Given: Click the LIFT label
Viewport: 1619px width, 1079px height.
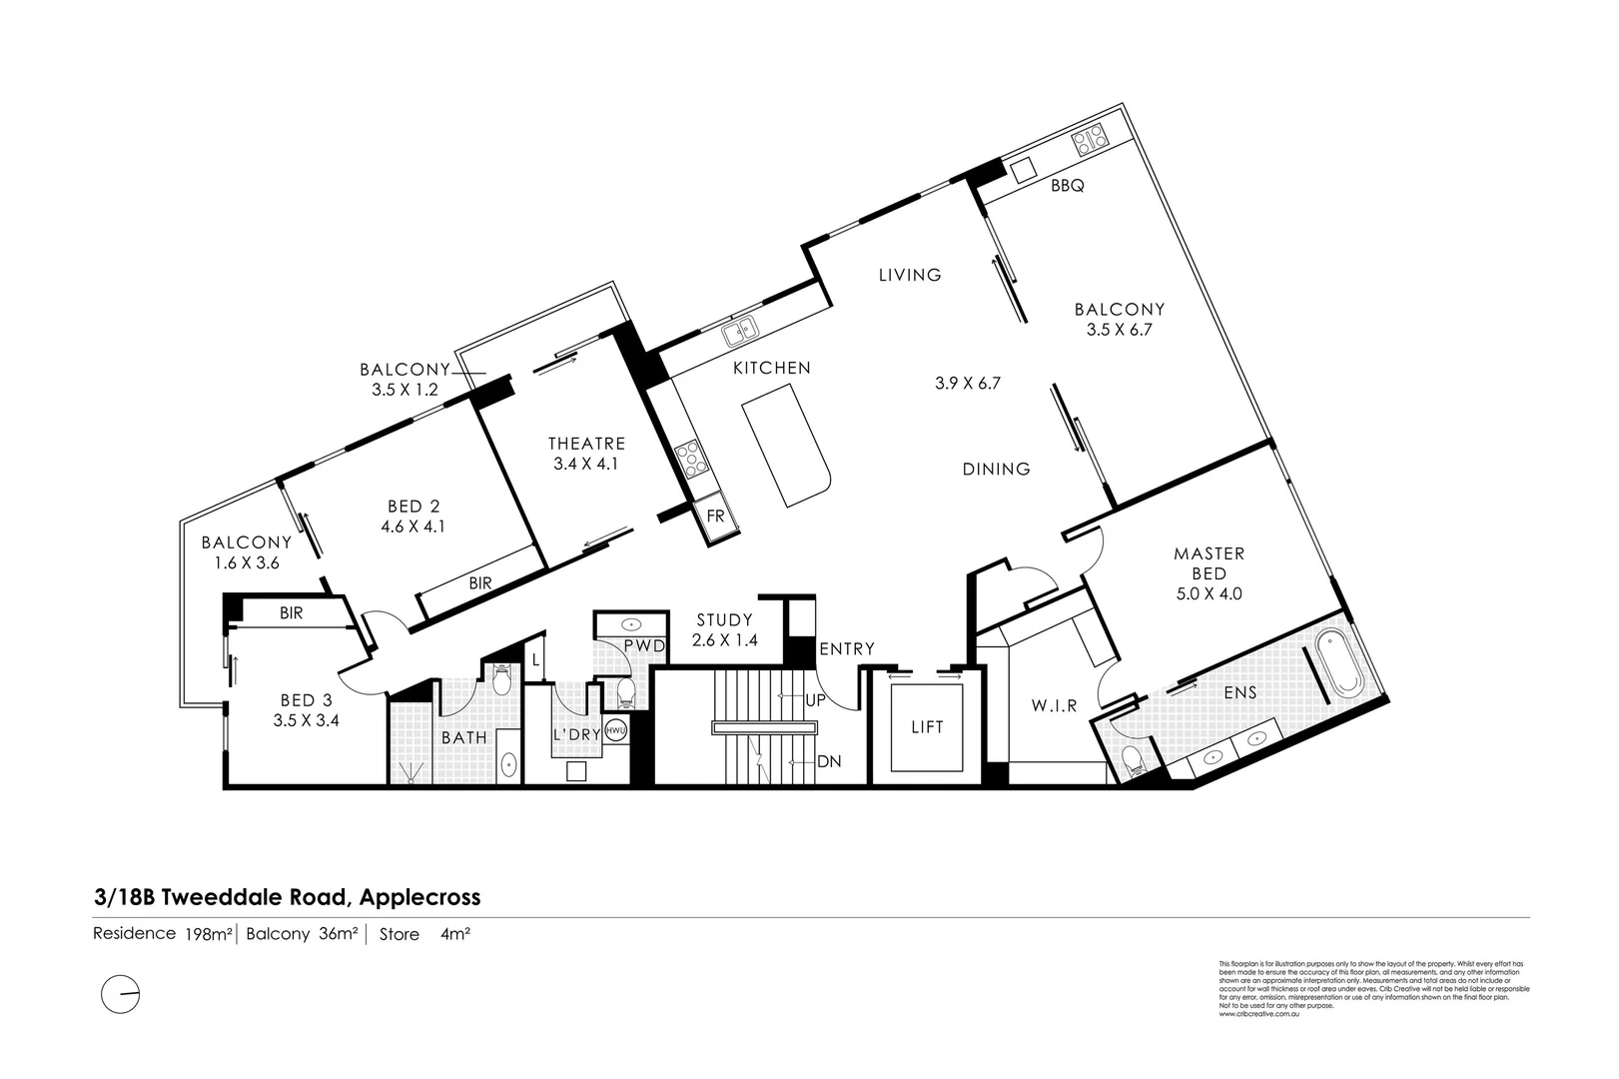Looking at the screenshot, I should coord(927,727).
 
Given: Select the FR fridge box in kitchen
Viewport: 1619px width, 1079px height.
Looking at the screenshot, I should coord(715,517).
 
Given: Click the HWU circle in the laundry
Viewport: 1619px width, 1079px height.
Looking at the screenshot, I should coord(615,730).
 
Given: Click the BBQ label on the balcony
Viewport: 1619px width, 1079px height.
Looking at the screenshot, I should coord(1067,186).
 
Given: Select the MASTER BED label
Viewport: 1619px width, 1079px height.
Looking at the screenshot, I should coord(1209,562).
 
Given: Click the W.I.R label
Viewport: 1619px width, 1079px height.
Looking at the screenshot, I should coord(1054,705).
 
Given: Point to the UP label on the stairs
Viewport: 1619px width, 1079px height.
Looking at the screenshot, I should coord(815,700).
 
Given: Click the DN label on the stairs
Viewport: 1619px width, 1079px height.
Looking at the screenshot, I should coord(829,761).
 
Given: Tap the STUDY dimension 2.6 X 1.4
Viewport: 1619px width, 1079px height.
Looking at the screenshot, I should coord(725,640).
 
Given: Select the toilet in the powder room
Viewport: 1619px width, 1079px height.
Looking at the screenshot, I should coord(624,690).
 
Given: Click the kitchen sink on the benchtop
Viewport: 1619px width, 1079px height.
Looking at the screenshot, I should coord(741,327).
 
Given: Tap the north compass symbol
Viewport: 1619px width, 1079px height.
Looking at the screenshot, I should coord(121,994).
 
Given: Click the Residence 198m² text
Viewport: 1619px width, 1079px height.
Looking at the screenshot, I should coord(163,934).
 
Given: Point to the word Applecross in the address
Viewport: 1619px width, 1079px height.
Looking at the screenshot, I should coord(420,897).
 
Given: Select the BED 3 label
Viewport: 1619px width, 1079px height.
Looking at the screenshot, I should coord(306,700).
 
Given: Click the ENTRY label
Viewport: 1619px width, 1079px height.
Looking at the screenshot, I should coord(847,649).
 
